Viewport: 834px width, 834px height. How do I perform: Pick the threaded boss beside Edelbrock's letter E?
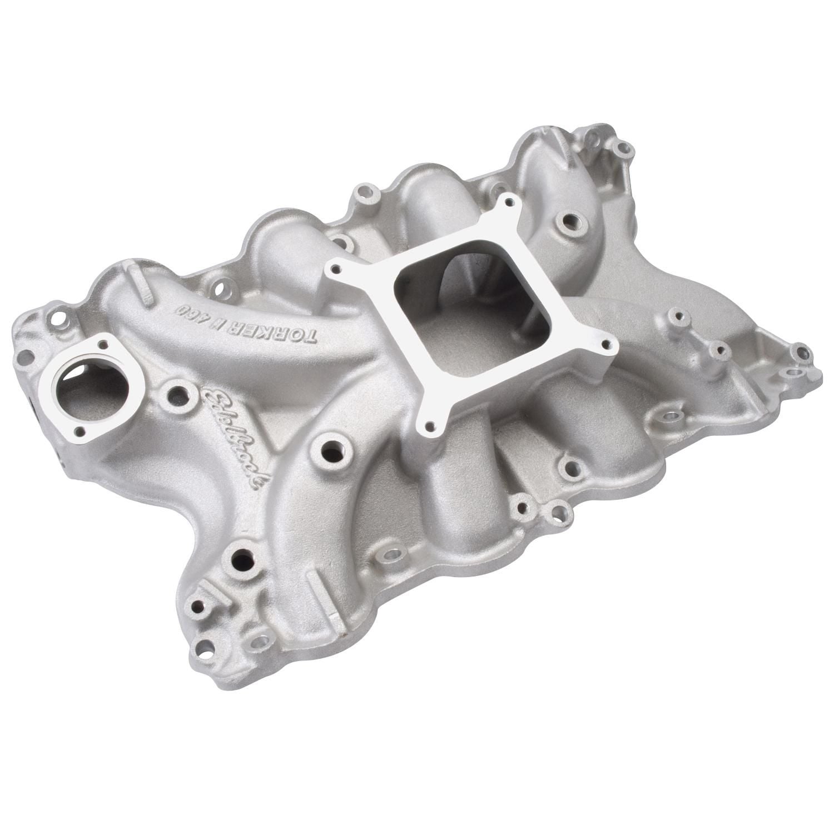(176, 395)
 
